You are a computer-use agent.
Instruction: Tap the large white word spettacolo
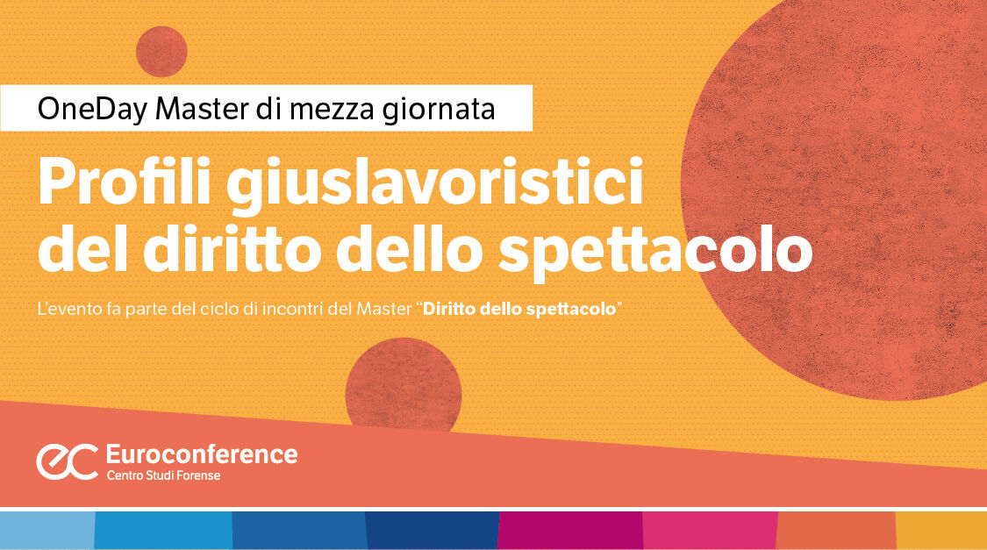654,251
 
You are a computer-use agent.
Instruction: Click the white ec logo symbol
67,461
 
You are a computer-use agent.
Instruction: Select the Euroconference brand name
201,454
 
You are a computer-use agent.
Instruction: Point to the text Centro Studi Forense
163,475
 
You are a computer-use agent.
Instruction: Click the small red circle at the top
161,51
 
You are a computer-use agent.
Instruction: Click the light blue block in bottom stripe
46,530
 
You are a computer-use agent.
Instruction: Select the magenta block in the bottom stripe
569,530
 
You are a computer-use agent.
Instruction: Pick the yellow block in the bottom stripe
941,530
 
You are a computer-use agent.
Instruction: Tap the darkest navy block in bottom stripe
431,530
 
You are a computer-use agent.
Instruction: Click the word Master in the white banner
201,110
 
